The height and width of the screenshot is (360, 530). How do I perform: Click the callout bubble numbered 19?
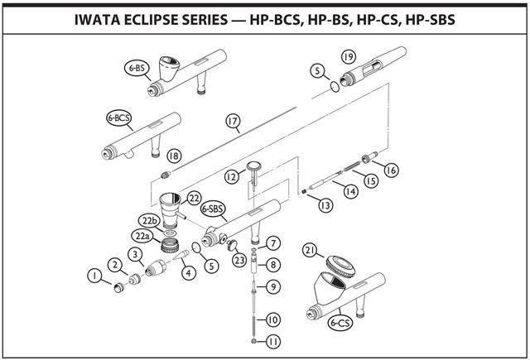click(x=348, y=55)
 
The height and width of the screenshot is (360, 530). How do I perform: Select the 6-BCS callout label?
click(x=119, y=118)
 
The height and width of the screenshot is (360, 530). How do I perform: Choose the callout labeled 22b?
click(x=149, y=221)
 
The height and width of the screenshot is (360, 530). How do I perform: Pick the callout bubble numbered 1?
click(x=96, y=274)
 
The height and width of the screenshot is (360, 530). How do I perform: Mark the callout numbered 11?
click(x=273, y=340)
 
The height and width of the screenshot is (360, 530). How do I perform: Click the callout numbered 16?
click(x=391, y=170)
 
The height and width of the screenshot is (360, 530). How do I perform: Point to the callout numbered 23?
click(x=239, y=260)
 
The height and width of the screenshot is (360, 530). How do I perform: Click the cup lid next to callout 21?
click(x=340, y=264)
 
